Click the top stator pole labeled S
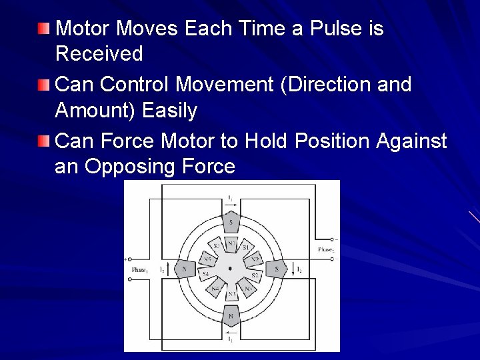231,221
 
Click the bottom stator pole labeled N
231,315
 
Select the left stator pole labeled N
184,269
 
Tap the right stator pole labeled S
276,269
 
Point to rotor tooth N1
231,245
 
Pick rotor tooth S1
245,249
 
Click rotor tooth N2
253,259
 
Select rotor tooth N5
207,259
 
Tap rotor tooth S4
206,275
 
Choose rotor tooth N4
215,289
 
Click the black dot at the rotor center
230,269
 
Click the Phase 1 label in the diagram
139,269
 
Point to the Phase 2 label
325,249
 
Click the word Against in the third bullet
412,141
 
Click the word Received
99,53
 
